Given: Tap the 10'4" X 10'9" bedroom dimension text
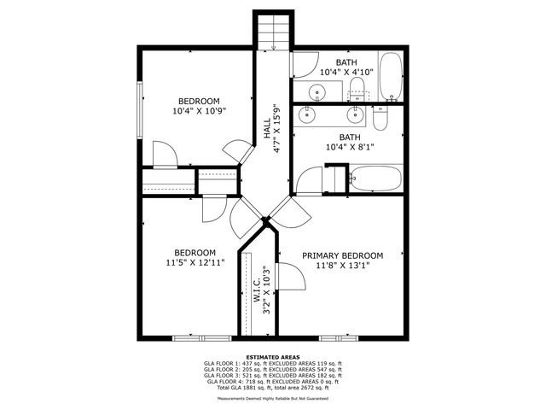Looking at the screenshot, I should point(198,110).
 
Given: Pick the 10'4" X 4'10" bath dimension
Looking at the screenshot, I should point(346,73).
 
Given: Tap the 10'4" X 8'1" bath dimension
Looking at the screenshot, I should point(350,148).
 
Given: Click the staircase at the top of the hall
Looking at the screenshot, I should point(273,32).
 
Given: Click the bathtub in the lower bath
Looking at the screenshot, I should point(375,178).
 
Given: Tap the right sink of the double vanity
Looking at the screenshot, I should point(357,114).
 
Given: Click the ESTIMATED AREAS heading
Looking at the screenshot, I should point(273,357).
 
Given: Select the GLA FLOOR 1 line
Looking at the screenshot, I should point(273,364).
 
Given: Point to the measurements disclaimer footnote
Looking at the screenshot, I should point(273,398).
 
